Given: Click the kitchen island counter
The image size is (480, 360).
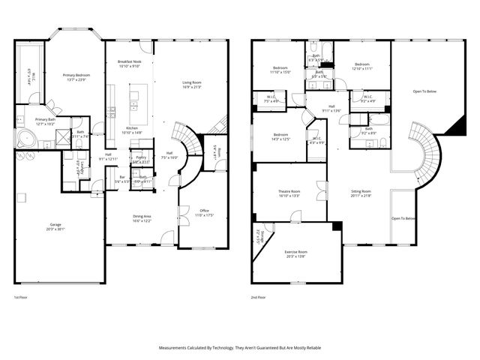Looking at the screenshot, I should pyautogui.click(x=138, y=104).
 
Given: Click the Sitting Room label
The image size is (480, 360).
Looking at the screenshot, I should pyautogui.click(x=361, y=193).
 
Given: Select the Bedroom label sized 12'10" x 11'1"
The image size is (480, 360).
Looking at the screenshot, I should pyautogui.click(x=362, y=66).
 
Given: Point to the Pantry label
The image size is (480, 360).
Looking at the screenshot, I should pyautogui.click(x=139, y=160).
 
